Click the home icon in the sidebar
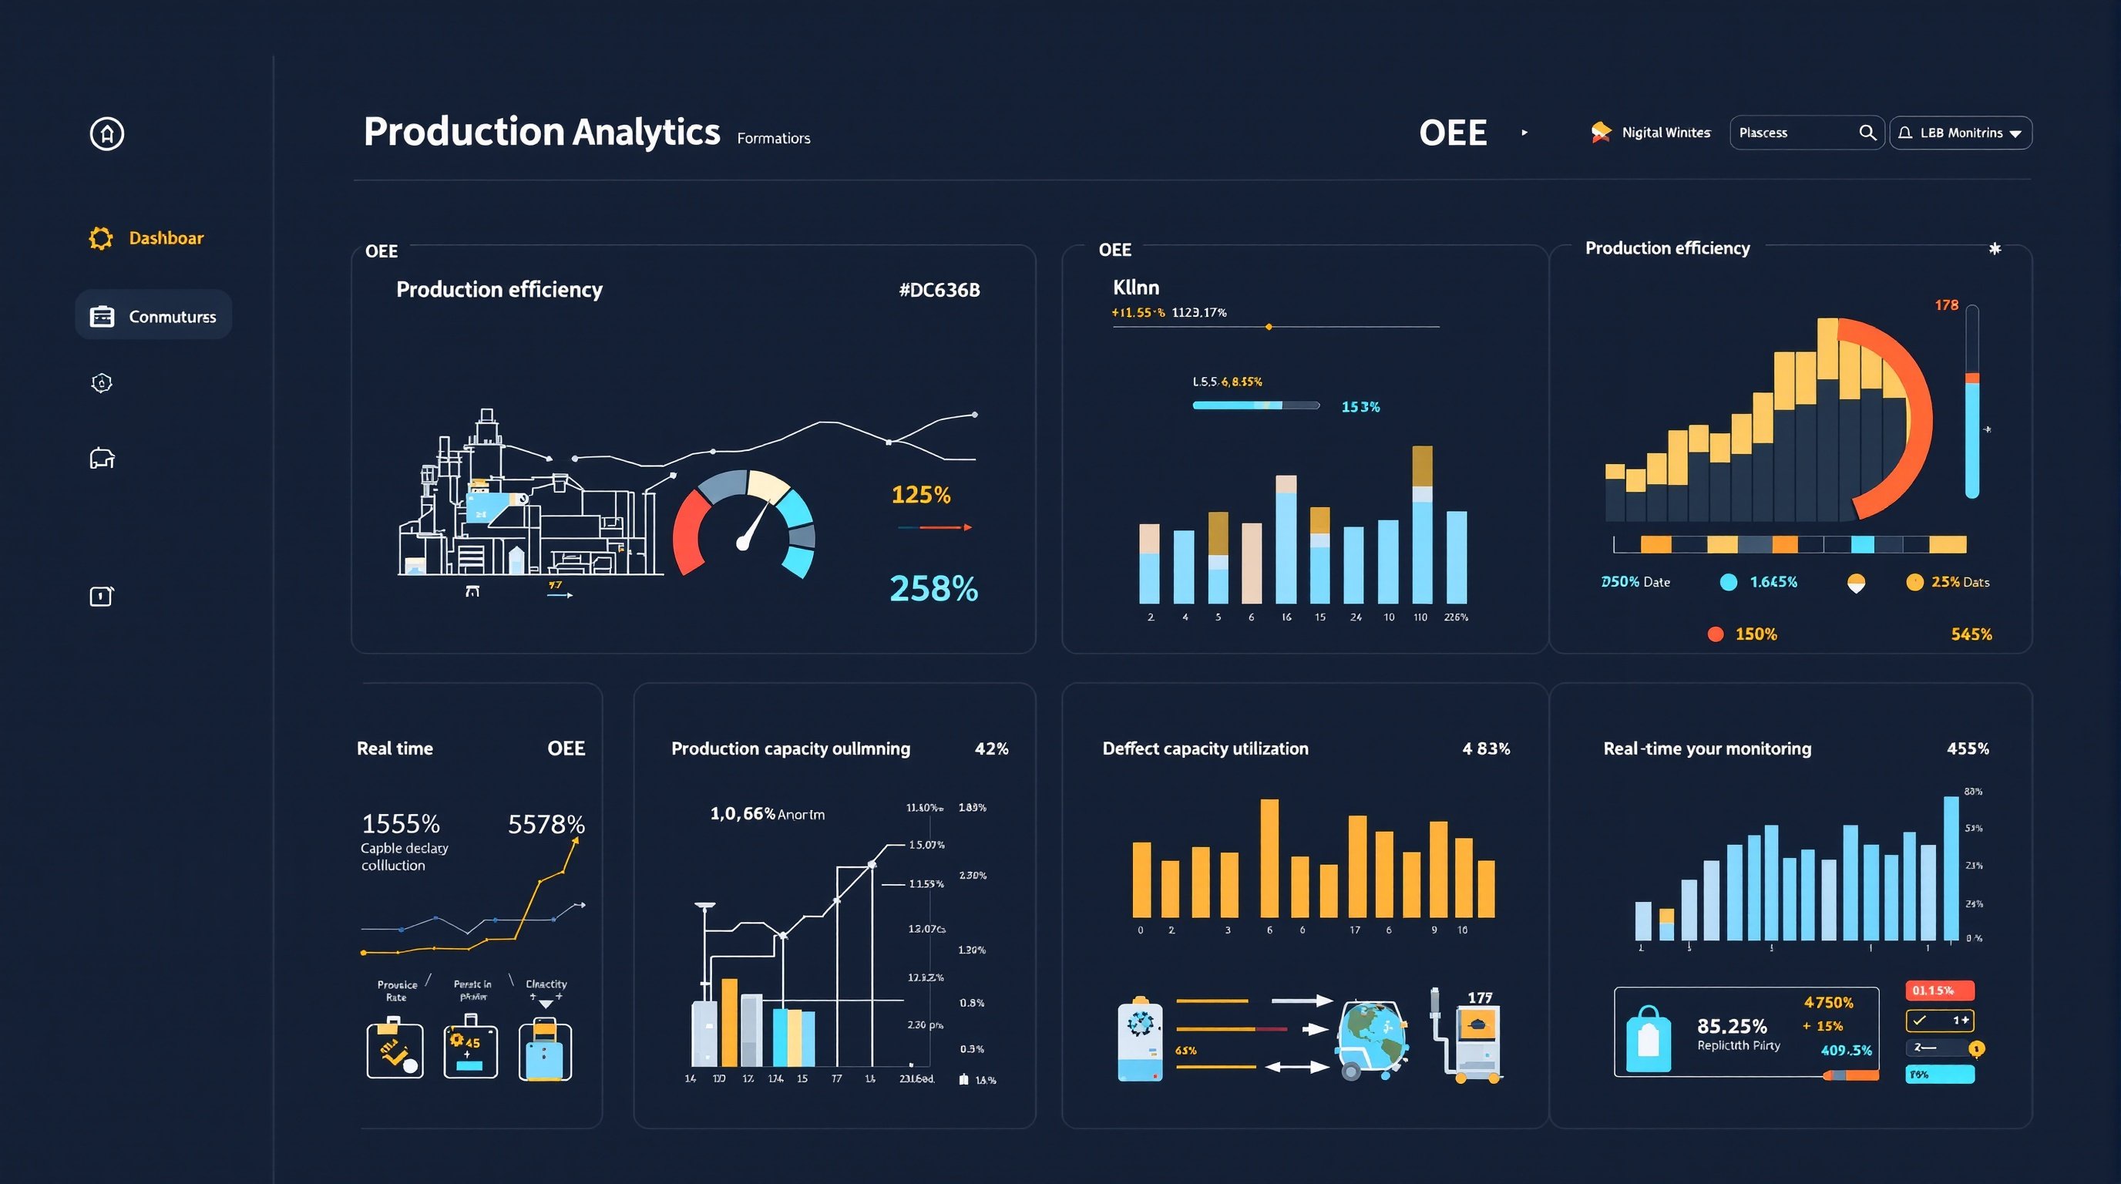107,133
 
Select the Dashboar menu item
166,238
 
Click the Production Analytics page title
542,132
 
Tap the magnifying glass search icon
1867,133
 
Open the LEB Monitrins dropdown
1960,133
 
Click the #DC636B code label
939,290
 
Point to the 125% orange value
920,494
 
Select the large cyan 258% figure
933,589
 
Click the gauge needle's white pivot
743,543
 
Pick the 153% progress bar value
1360,407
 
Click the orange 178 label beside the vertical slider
1945,305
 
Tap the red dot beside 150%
1715,634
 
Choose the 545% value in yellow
1971,634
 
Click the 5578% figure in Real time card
546,823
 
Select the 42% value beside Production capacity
991,748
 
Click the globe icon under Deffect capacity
1372,1034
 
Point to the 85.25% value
1732,1026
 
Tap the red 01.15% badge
1939,991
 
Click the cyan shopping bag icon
1649,1039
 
